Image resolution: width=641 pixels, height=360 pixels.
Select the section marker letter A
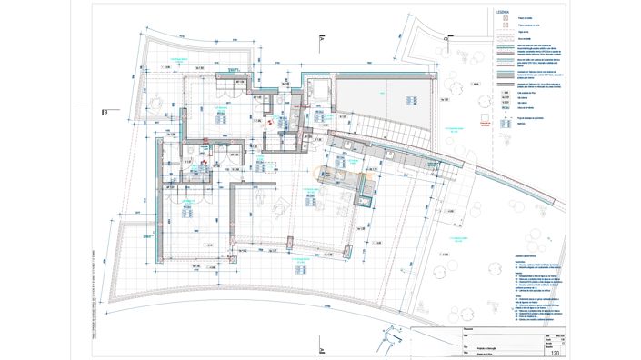click(321, 38)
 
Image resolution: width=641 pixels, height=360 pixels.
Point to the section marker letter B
click(105, 112)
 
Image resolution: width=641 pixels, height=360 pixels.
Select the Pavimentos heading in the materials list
click(522, 262)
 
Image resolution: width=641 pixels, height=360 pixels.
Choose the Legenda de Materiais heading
click(528, 256)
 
